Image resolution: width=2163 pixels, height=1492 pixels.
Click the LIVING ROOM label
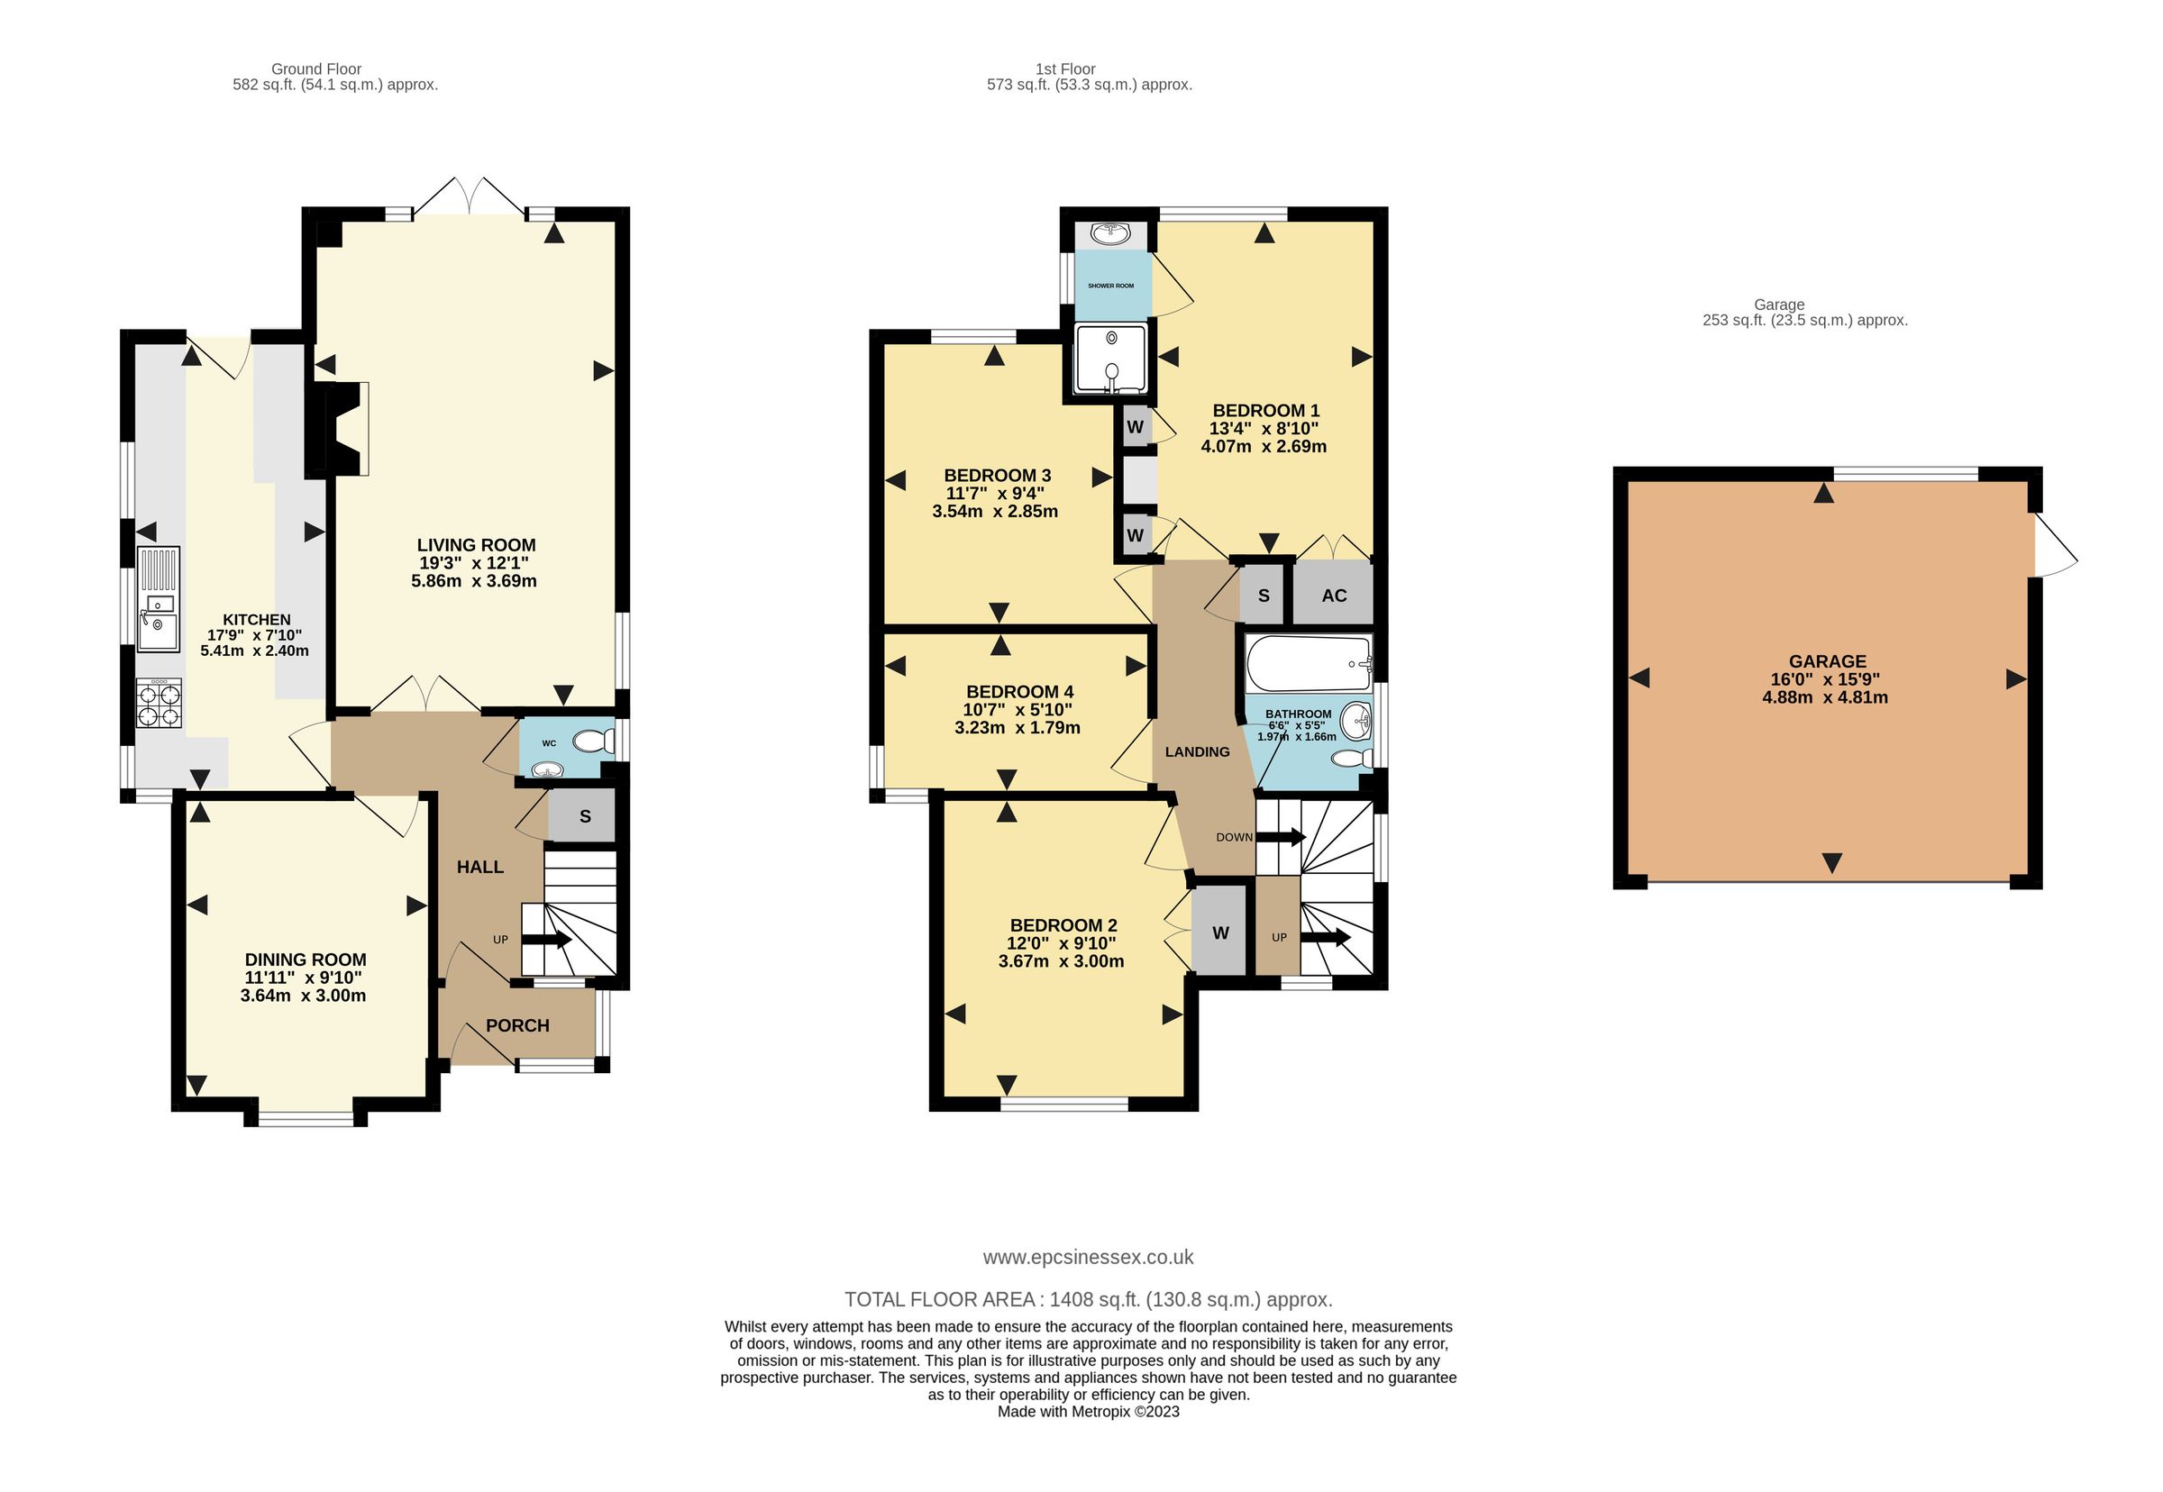coord(476,545)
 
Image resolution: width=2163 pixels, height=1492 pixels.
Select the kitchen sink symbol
coord(158,599)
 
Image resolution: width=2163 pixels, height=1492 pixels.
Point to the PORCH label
coord(517,1025)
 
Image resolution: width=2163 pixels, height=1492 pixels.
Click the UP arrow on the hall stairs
coord(546,940)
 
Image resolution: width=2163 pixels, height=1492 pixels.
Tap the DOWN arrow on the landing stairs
coord(1279,837)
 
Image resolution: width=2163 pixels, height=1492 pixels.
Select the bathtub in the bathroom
coord(1308,664)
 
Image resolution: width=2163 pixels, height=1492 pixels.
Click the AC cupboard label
coord(1334,596)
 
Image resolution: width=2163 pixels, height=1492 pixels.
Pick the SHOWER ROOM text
coord(1110,285)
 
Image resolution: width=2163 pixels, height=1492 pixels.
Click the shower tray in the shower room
coord(1110,359)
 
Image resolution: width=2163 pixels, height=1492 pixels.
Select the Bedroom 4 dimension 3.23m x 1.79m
coord(1018,727)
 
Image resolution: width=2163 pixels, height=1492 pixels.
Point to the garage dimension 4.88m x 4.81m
coord(1826,697)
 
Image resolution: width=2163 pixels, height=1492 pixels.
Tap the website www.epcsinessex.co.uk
coord(1088,1258)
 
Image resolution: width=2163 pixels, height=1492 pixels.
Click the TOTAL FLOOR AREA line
coord(1088,1299)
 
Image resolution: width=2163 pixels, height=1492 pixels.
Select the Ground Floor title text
coord(316,68)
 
